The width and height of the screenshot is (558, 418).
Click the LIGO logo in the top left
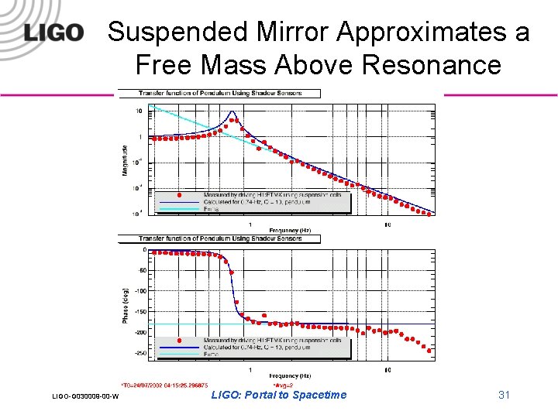click(x=53, y=33)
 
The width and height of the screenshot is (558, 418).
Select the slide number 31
click(x=504, y=395)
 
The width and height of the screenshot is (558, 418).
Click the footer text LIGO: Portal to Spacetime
click(x=279, y=395)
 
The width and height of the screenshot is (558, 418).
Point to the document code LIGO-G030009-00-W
click(x=85, y=397)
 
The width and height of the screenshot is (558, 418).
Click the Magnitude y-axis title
click(x=125, y=159)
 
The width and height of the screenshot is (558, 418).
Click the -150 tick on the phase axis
click(x=139, y=312)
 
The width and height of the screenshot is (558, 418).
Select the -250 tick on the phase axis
click(x=139, y=353)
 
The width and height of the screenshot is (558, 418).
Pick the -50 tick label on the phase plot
click(x=141, y=271)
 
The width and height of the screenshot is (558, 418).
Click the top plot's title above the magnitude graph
click(x=220, y=94)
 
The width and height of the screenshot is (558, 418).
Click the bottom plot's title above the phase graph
click(x=220, y=239)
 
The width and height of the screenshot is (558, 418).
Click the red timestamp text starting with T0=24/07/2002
click(x=164, y=384)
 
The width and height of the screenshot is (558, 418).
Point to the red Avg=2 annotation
click(x=283, y=384)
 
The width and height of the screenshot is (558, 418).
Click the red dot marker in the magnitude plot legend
click(x=180, y=195)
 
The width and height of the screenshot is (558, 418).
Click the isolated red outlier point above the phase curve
click(x=264, y=315)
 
